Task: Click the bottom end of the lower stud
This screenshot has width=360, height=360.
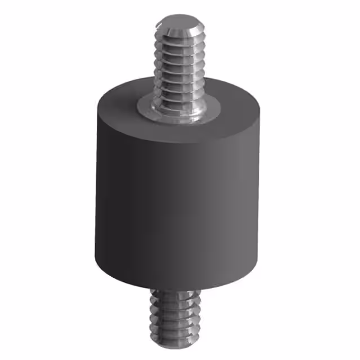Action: pos(172,353)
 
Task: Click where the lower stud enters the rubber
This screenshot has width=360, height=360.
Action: pos(172,291)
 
